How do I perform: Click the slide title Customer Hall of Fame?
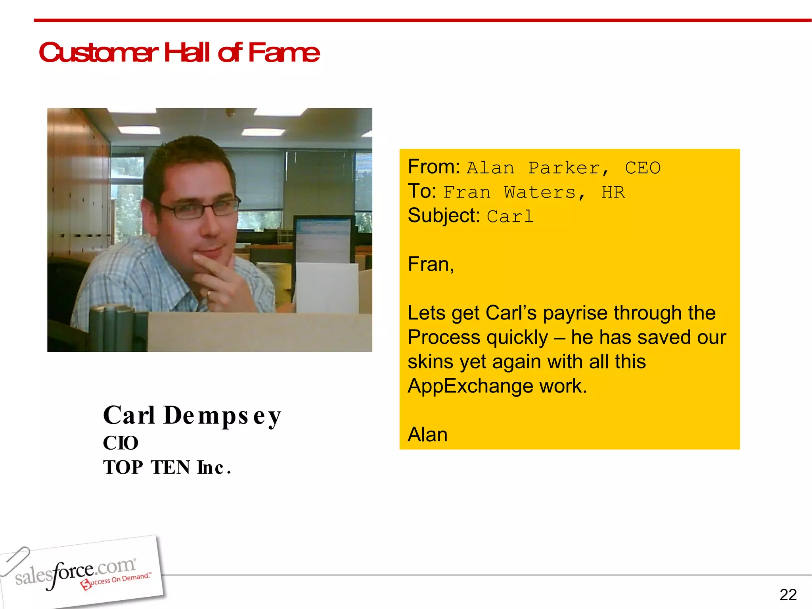click(179, 52)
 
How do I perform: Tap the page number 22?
click(788, 595)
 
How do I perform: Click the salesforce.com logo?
click(79, 573)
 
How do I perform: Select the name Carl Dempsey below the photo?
click(192, 416)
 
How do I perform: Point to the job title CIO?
click(121, 443)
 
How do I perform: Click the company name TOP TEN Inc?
click(167, 467)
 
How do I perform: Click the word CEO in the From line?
click(643, 168)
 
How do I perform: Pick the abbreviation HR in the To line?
click(613, 193)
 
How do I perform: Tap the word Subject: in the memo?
click(444, 216)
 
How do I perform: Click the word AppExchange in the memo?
click(470, 386)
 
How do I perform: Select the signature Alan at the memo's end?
click(427, 435)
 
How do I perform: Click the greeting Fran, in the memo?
click(431, 264)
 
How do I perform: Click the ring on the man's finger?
click(209, 294)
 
